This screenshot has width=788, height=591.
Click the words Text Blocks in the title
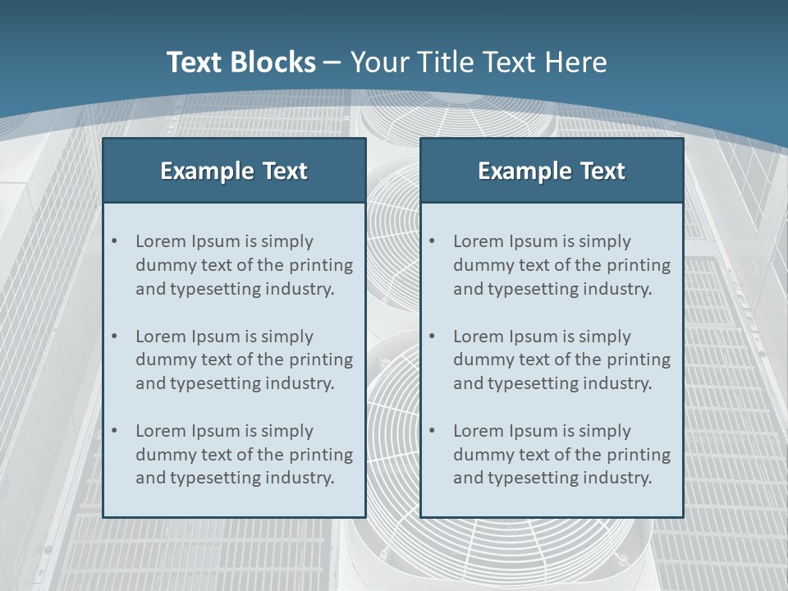[x=241, y=62]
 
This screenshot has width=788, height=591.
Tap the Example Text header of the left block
[x=234, y=171]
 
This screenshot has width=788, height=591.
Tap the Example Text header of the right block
[x=552, y=171]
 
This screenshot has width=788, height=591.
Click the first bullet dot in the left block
[x=115, y=241]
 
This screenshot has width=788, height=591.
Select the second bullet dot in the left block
[x=115, y=337]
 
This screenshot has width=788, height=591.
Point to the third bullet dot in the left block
[x=115, y=431]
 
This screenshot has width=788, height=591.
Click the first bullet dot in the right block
[x=433, y=241]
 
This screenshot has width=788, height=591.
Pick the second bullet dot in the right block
[x=433, y=337]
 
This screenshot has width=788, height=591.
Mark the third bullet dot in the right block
[x=433, y=431]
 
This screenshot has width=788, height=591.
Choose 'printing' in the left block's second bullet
[x=320, y=360]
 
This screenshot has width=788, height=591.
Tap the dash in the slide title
[x=332, y=62]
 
